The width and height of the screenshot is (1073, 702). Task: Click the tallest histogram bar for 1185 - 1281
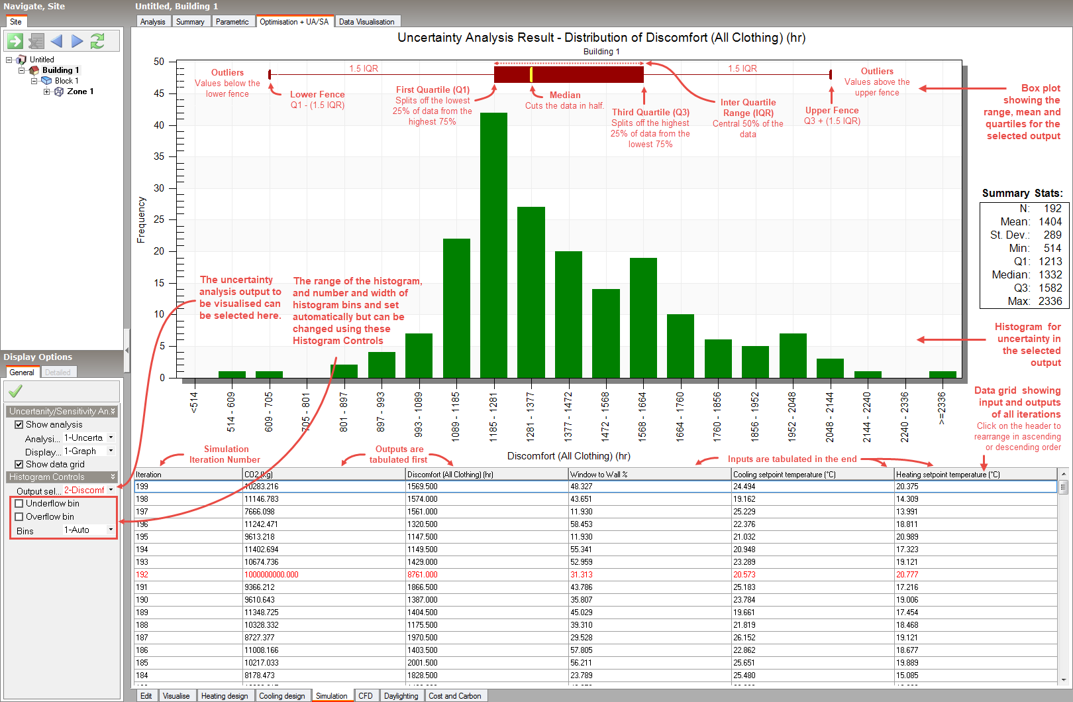[493, 245]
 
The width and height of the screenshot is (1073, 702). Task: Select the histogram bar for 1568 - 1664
[643, 318]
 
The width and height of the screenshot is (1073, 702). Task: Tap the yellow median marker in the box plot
[531, 74]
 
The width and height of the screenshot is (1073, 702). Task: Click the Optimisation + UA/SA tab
[294, 22]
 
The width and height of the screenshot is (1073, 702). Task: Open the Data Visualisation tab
[366, 22]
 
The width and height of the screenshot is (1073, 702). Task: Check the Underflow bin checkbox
[19, 504]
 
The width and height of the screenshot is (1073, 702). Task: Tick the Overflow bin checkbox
[19, 517]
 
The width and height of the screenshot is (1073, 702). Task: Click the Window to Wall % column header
[599, 475]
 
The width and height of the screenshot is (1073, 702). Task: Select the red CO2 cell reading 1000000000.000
[272, 575]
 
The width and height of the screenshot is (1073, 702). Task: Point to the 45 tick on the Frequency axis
[159, 93]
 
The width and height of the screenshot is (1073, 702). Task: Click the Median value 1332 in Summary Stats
[1050, 274]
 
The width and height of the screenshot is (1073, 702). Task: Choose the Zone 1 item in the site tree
[80, 91]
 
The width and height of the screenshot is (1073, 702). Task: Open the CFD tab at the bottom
[366, 696]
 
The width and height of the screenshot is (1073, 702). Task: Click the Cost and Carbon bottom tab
[455, 696]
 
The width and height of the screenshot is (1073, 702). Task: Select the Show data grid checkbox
[19, 465]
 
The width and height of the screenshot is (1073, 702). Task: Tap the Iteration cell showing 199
[142, 487]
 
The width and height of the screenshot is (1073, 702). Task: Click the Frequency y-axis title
[141, 219]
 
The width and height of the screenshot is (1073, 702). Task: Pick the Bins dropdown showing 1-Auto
[89, 530]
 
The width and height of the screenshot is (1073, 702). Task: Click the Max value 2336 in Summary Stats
[1050, 301]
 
